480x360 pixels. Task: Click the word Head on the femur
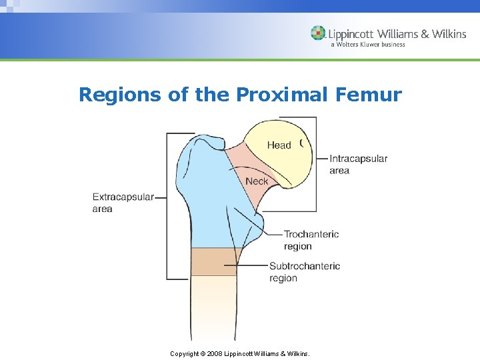[279, 145]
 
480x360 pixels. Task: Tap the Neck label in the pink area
[257, 181]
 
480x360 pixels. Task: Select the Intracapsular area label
[358, 164]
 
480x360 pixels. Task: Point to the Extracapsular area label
[123, 203]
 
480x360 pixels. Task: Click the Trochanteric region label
[311, 240]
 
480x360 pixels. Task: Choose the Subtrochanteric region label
[305, 272]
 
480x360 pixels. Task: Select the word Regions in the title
[121, 95]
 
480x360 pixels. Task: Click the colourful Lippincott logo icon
[318, 33]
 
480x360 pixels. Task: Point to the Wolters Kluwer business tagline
[367, 45]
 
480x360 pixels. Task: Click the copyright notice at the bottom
[240, 353]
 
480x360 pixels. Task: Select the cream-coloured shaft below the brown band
[213, 307]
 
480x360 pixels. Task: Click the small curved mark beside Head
[301, 143]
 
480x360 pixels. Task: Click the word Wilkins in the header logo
[449, 33]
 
